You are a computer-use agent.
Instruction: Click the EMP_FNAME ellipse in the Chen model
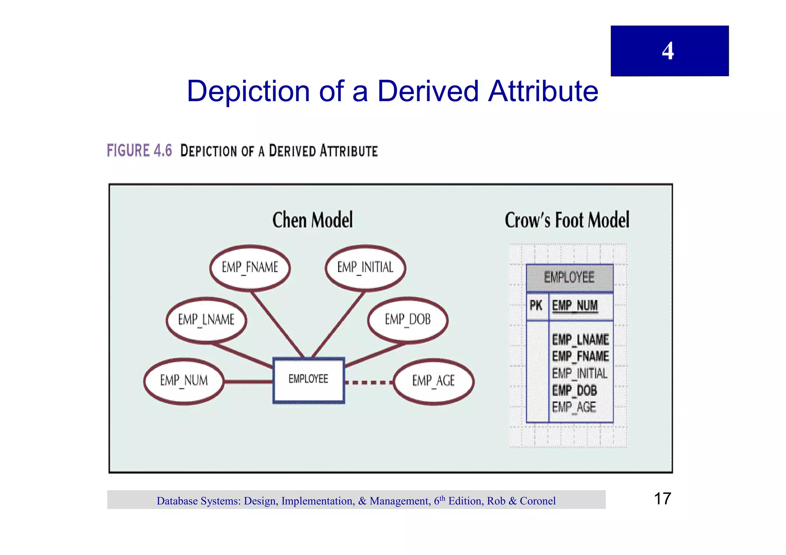pyautogui.click(x=250, y=267)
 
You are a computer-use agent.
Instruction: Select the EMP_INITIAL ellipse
pyautogui.click(x=365, y=267)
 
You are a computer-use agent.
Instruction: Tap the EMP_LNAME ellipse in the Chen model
pyautogui.click(x=206, y=319)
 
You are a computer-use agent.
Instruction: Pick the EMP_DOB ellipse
pyautogui.click(x=408, y=319)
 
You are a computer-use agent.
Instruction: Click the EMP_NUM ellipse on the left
pyautogui.click(x=184, y=381)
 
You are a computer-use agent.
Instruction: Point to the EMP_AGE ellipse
pyautogui.click(x=433, y=381)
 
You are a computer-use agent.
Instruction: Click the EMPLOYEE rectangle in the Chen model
pyautogui.click(x=309, y=380)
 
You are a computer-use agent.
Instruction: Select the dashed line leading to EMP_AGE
pyautogui.click(x=368, y=382)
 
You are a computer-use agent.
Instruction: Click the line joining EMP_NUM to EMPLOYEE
pyautogui.click(x=248, y=381)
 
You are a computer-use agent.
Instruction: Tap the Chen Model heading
pyautogui.click(x=312, y=220)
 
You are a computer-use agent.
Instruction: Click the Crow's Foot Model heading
pyautogui.click(x=567, y=220)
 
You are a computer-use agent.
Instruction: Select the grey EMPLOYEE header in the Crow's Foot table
pyautogui.click(x=569, y=277)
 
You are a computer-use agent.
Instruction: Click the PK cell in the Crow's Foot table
pyautogui.click(x=536, y=306)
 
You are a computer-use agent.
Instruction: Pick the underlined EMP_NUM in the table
pyautogui.click(x=575, y=306)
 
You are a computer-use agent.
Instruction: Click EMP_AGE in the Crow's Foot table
pyautogui.click(x=574, y=407)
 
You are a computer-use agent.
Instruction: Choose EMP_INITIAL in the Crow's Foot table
pyautogui.click(x=580, y=373)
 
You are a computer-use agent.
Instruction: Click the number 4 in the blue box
pyautogui.click(x=668, y=51)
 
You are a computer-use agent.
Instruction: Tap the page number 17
pyautogui.click(x=662, y=499)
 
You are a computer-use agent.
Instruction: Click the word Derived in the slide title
pyautogui.click(x=428, y=91)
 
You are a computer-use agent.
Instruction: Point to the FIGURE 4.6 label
pyautogui.click(x=139, y=150)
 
